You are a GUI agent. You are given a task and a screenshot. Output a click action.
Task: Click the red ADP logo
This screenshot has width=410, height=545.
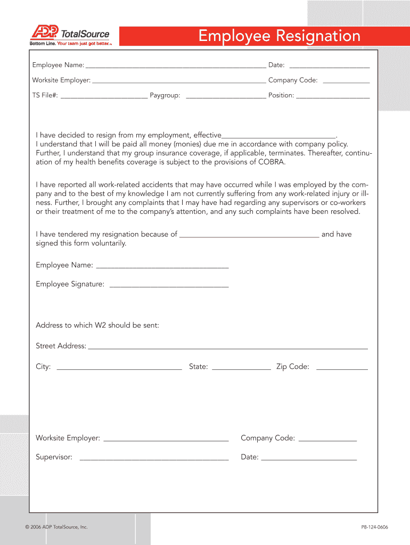pos(45,34)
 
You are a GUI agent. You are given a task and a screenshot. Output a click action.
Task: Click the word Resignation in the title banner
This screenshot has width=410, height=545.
pos(317,36)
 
